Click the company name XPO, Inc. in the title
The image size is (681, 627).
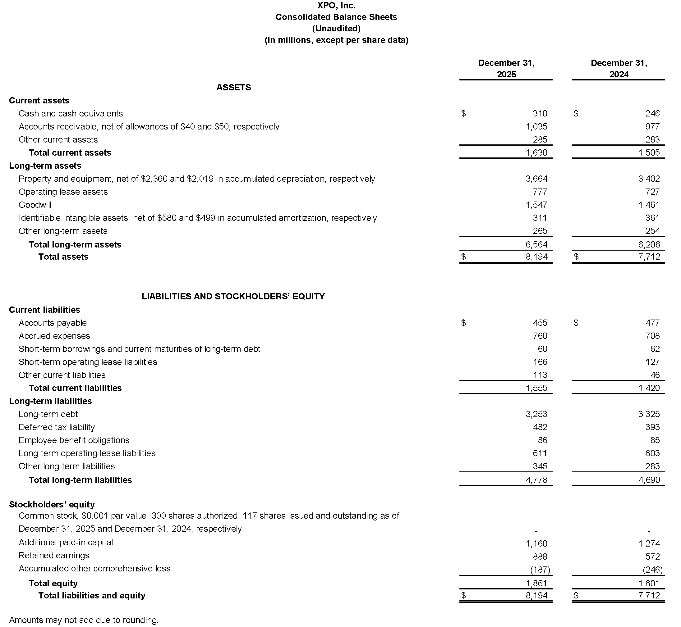[336, 6]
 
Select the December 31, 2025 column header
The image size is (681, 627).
[506, 69]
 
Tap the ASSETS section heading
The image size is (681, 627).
[234, 88]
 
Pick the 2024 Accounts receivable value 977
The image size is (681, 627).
[652, 127]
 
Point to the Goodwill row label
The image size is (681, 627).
[35, 205]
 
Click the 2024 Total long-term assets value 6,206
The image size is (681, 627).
[649, 245]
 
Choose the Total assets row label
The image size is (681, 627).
[63, 257]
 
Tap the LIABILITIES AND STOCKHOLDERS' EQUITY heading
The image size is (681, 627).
[233, 297]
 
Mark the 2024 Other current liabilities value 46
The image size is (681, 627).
[655, 375]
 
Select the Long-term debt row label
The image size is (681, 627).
[48, 414]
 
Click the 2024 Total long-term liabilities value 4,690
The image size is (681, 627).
[649, 480]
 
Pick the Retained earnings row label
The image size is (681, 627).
[54, 555]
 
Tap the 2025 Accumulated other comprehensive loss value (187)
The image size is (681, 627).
[540, 570]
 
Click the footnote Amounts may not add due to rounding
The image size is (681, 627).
[84, 620]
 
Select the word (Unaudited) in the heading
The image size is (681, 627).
[336, 29]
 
